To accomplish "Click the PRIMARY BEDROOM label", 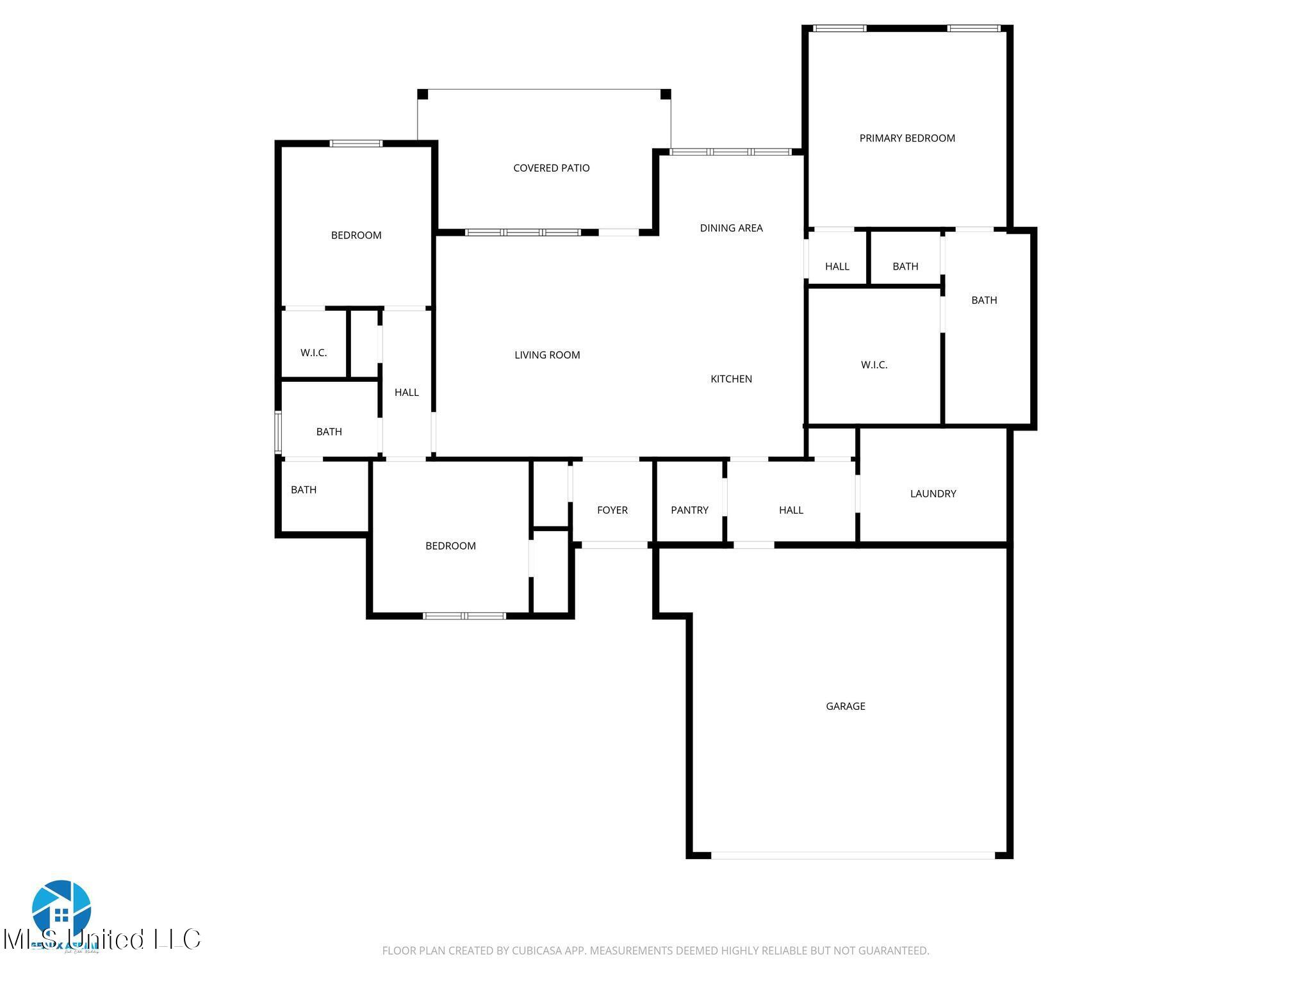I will point(906,138).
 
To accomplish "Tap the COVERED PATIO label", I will point(551,168).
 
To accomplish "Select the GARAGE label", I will point(845,706).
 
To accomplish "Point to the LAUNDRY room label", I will point(933,493).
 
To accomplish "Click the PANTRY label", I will point(689,510).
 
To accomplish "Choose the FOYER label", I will point(612,510).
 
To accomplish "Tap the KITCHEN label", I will point(731,379).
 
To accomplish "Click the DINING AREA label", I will point(731,227).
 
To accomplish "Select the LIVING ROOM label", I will point(547,354).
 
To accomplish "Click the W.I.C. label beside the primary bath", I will point(874,365).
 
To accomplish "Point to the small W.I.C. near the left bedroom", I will point(313,352).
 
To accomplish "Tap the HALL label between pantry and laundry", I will point(791,510).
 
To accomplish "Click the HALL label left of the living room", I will point(406,392).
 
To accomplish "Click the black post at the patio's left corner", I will point(423,94).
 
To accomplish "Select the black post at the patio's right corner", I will point(665,94).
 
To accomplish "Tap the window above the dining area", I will point(730,152).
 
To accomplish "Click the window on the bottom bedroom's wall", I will point(464,616).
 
